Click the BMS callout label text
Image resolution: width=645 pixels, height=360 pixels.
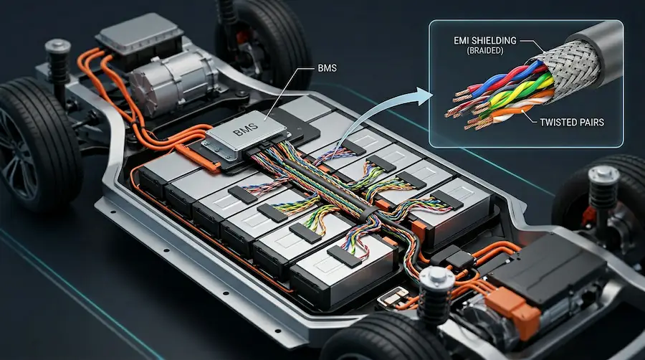point(327,68)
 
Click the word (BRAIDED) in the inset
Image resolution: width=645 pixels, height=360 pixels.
point(485,51)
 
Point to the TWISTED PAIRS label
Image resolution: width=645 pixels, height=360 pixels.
point(572,122)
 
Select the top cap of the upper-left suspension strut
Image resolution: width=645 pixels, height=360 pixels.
point(57,45)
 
